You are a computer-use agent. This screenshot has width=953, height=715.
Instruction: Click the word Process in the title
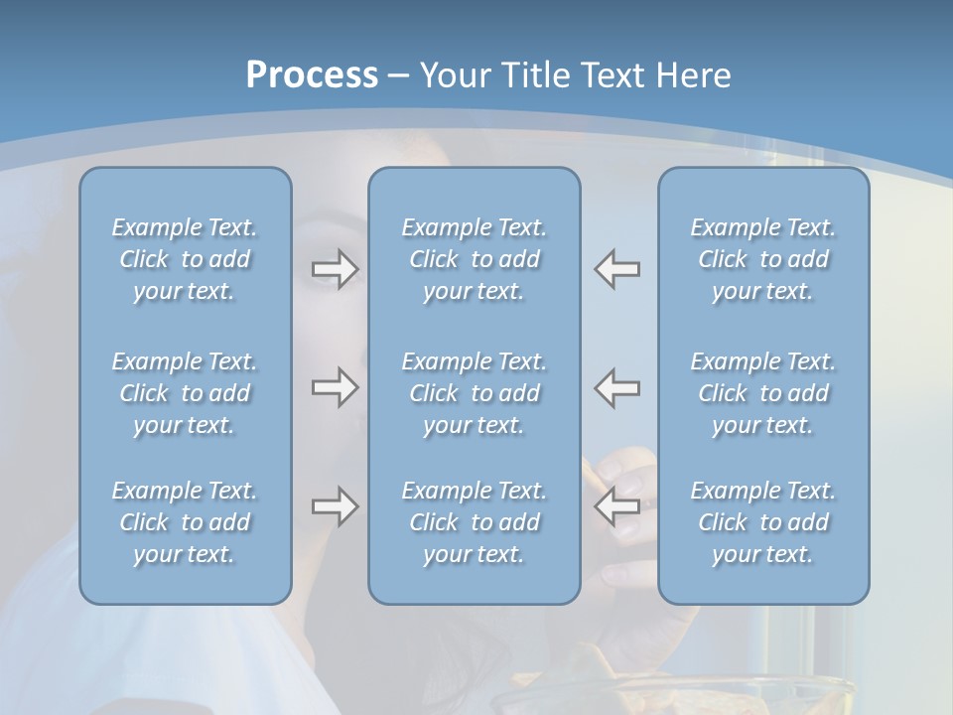click(x=312, y=75)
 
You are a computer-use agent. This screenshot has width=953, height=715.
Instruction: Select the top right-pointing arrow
click(x=336, y=269)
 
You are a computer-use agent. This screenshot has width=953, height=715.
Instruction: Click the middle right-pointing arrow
click(x=336, y=387)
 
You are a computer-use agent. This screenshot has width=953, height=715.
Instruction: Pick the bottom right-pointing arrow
click(x=336, y=506)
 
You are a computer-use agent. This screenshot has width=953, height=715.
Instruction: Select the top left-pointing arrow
click(x=617, y=269)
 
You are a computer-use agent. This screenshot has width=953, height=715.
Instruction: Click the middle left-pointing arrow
click(x=617, y=387)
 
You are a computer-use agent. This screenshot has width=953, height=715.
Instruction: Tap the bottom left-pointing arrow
click(x=617, y=506)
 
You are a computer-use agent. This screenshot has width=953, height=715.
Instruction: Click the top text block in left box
click(x=185, y=259)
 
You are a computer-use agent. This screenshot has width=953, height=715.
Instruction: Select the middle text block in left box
click(x=185, y=393)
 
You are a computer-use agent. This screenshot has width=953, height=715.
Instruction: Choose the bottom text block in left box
click(x=185, y=522)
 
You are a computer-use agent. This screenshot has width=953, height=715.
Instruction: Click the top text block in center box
click(x=475, y=259)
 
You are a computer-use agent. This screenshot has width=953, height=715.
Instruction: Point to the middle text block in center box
click(x=475, y=393)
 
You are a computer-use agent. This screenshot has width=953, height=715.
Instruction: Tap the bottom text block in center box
click(x=475, y=522)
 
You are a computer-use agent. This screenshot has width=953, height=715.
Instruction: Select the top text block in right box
click(x=763, y=259)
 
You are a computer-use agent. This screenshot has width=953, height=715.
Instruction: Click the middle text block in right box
click(x=763, y=393)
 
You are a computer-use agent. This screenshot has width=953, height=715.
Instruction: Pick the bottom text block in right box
click(x=763, y=522)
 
